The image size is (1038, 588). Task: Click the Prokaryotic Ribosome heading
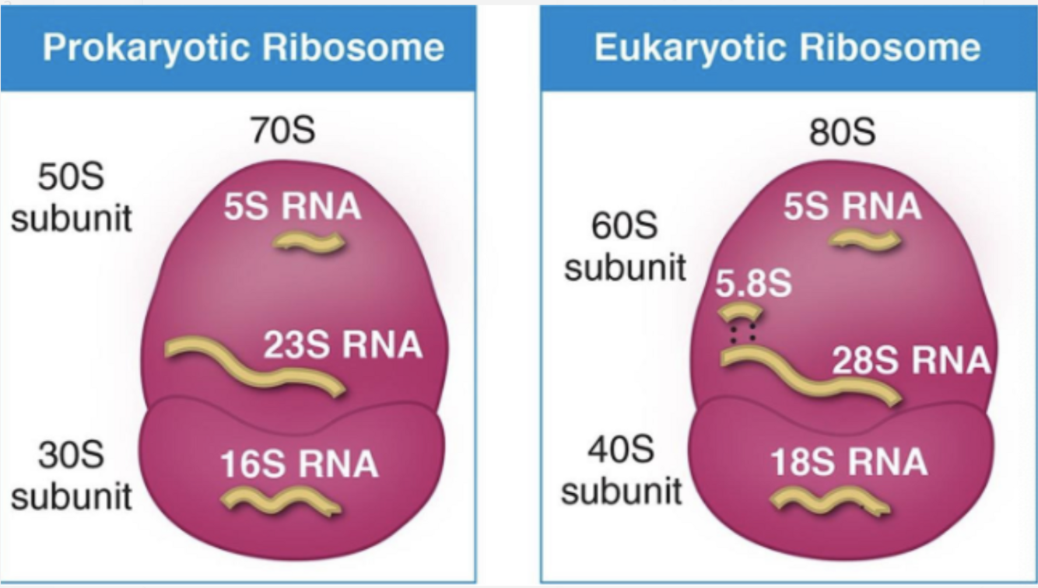tap(243, 48)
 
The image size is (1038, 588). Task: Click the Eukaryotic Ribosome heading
tap(787, 48)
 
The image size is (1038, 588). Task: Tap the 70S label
tap(282, 131)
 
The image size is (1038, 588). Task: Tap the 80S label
tap(842, 132)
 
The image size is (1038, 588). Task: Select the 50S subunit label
tap(72, 198)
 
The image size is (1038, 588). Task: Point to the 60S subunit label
tap(625, 247)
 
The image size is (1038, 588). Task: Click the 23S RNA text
tap(342, 345)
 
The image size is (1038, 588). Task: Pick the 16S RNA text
tap(300, 464)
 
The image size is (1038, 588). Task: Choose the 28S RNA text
tap(910, 360)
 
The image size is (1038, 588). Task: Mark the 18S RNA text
tap(849, 462)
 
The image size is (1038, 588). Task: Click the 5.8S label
tap(753, 285)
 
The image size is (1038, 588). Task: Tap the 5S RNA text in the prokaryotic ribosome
tap(293, 207)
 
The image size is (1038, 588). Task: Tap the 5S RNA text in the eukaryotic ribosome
tap(852, 207)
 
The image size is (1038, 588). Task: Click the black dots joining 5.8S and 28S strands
tap(742, 334)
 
